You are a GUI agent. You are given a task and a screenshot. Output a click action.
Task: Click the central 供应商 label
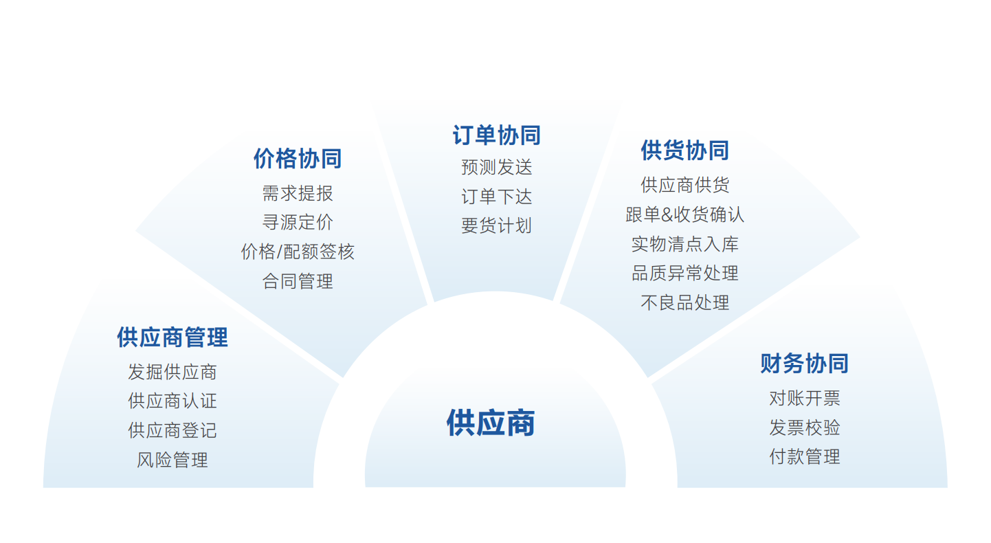point(491,423)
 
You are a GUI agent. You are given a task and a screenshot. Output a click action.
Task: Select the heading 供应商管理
point(172,337)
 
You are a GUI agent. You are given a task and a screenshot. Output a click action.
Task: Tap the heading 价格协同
point(298,158)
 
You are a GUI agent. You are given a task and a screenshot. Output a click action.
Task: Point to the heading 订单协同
point(496,135)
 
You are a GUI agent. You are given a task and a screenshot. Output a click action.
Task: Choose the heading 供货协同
point(685,150)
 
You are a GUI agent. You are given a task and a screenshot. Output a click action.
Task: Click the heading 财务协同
point(804,364)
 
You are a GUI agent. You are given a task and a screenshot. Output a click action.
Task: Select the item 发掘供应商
point(172,372)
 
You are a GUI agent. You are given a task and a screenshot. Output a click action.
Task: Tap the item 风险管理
point(172,460)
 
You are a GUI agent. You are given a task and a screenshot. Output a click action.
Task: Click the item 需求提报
point(298,193)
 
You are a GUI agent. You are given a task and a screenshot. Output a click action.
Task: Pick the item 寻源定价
point(298,222)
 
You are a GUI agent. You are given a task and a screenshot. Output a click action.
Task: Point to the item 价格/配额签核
point(298,252)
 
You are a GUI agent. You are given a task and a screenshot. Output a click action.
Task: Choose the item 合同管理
point(298,281)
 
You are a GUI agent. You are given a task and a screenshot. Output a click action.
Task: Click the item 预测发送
point(496,167)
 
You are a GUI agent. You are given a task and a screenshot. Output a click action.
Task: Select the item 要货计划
point(496,225)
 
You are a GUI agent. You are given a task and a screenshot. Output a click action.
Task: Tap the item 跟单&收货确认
point(685,214)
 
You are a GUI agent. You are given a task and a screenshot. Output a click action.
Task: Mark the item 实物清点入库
point(685,244)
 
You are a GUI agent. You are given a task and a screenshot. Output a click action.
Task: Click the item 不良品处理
point(685,302)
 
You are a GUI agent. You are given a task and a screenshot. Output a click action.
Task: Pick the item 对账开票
point(804,398)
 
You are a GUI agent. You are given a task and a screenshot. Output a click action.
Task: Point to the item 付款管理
point(804,456)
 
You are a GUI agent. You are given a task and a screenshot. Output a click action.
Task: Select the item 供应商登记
point(172,430)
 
